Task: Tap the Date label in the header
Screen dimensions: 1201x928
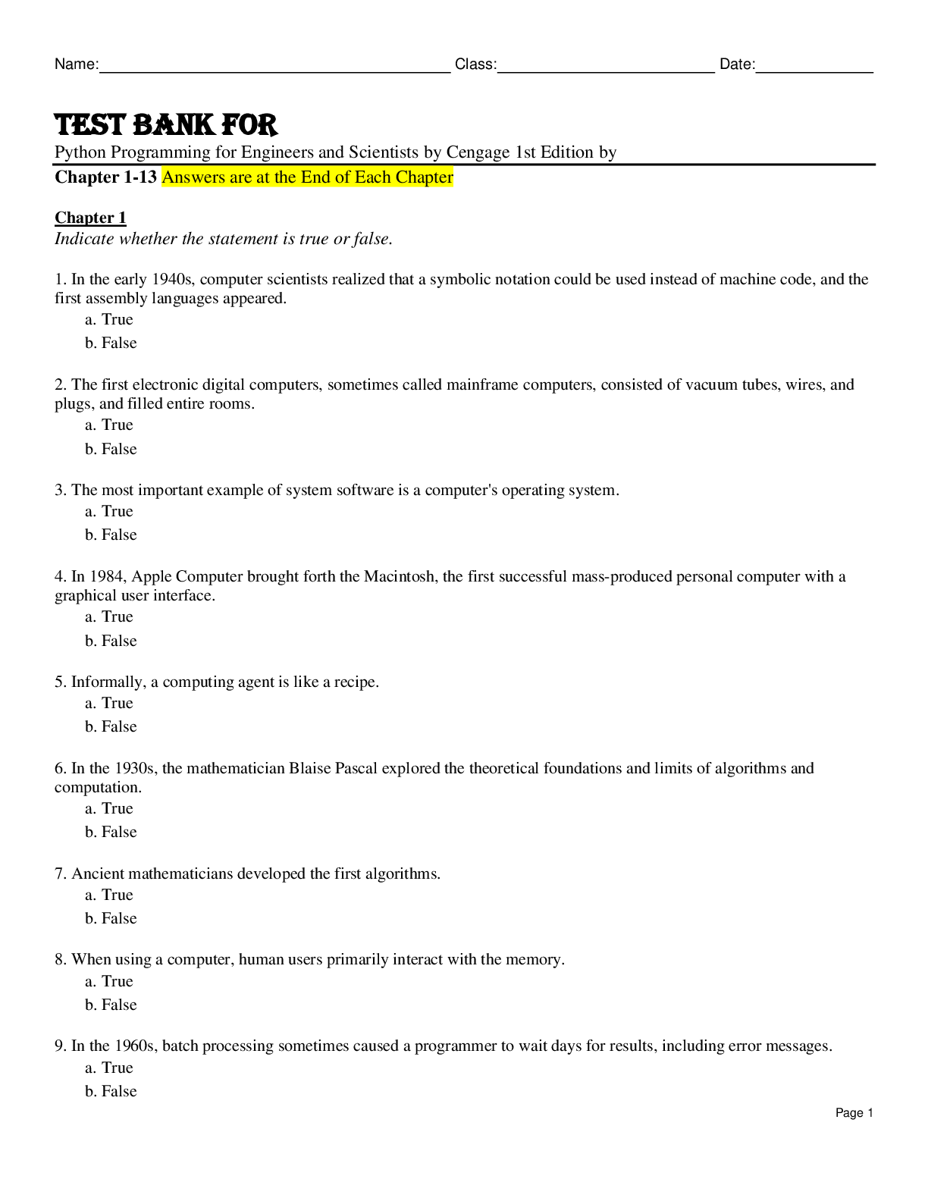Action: coord(736,64)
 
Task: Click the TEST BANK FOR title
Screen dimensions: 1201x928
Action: coord(166,124)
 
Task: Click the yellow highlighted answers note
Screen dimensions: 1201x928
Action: coord(307,177)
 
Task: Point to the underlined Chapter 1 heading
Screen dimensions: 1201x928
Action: coord(90,218)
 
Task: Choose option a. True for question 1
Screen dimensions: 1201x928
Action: coord(109,320)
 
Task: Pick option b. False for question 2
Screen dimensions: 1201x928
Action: coord(111,450)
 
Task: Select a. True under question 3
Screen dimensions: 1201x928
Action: coord(109,512)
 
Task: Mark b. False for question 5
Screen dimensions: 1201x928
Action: coord(111,727)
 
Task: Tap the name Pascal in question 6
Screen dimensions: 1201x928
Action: coord(355,769)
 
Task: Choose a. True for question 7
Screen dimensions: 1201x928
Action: coord(109,895)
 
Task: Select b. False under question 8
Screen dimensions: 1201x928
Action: coord(111,1005)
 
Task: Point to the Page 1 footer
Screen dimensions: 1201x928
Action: coord(854,1113)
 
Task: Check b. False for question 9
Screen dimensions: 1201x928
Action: coord(111,1092)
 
